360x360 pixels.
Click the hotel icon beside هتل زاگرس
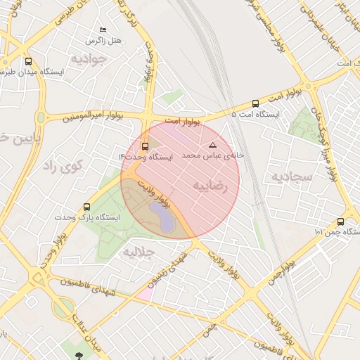pos(103,30)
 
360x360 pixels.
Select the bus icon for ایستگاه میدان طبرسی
pos(28,61)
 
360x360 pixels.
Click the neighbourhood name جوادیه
pos(87,58)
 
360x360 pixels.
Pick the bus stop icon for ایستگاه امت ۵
pos(255,103)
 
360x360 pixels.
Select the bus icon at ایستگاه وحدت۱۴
pos(145,146)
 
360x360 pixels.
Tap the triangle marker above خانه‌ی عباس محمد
pos(212,144)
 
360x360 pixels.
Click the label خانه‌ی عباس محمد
pos(213,154)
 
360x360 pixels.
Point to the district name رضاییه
pos(211,186)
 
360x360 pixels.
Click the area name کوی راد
pos(63,166)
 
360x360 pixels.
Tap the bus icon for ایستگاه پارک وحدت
pos(86,207)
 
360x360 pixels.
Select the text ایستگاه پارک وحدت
pos(88,218)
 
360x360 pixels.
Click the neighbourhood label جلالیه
pos(139,251)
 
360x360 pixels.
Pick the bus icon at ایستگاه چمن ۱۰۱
pos(340,221)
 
